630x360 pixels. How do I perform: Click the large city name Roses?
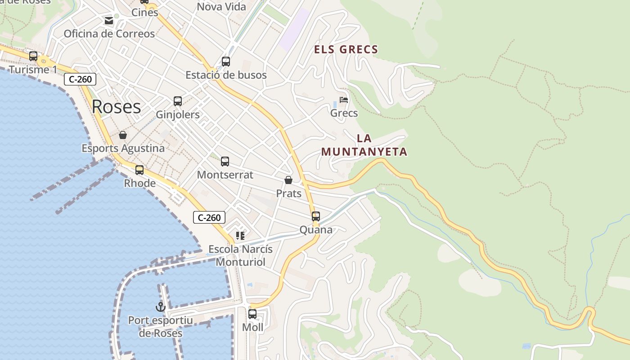coord(116,107)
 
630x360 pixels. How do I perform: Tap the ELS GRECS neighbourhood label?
coord(346,49)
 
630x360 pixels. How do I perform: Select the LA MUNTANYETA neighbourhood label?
coord(364,145)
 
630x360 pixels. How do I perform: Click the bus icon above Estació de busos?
coord(226,62)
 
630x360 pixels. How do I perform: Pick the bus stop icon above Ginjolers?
coord(178,101)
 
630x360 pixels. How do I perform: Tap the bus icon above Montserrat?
coord(225,162)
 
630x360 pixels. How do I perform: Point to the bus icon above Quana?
coord(316,216)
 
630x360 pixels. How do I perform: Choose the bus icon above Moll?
coord(252,314)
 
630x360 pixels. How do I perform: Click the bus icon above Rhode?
coord(139,170)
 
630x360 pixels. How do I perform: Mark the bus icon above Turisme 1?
coord(33,56)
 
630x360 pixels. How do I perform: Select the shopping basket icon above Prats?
coord(288,180)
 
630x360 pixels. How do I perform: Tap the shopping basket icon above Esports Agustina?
coord(122,135)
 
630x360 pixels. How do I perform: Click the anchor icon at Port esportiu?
coord(160,307)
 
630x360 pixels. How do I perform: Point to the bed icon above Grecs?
coord(344,99)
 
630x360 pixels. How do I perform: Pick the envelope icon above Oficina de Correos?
coord(109,20)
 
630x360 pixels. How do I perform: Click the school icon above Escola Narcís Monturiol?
coord(240,235)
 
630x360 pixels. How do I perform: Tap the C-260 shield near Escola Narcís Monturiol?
coord(209,218)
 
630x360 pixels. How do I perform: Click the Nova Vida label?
coord(221,7)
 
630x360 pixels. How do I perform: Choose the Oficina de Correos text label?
coord(109,34)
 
